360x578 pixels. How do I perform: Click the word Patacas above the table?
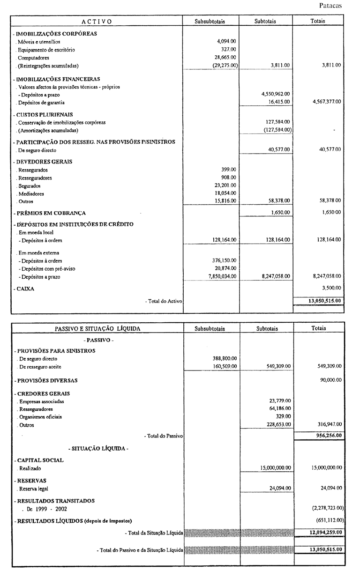coord(330,6)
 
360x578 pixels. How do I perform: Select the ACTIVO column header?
coord(97,21)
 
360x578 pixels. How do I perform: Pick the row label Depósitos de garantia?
coord(41,102)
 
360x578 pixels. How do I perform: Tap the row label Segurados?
coord(29,186)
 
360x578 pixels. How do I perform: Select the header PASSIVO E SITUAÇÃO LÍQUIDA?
coord(97,329)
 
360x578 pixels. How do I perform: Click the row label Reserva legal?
coord(33,489)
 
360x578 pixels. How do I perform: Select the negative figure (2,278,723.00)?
coord(328,508)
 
